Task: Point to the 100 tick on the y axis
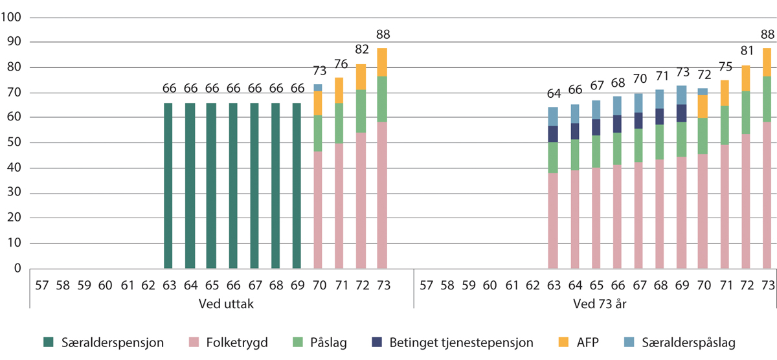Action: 12,17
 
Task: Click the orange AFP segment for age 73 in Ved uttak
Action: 382,62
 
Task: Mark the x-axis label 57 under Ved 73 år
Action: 425,284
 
